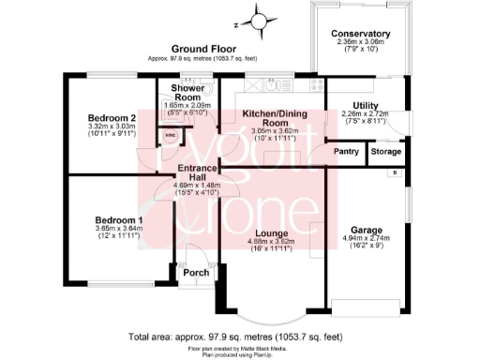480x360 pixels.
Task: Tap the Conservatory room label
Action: point(361,35)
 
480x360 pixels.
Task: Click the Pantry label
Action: point(347,152)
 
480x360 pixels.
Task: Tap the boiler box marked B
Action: point(395,172)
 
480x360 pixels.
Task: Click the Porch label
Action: point(196,273)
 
